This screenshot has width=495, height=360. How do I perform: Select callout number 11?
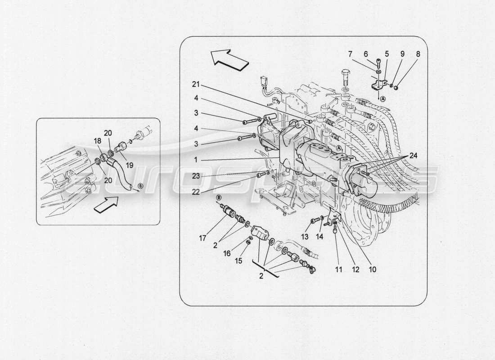[338, 270]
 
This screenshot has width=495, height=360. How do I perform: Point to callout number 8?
[418, 54]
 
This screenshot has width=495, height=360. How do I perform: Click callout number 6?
[365, 54]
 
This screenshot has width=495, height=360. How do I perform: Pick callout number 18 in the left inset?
[97, 141]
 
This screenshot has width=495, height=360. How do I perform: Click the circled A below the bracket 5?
[382, 99]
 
